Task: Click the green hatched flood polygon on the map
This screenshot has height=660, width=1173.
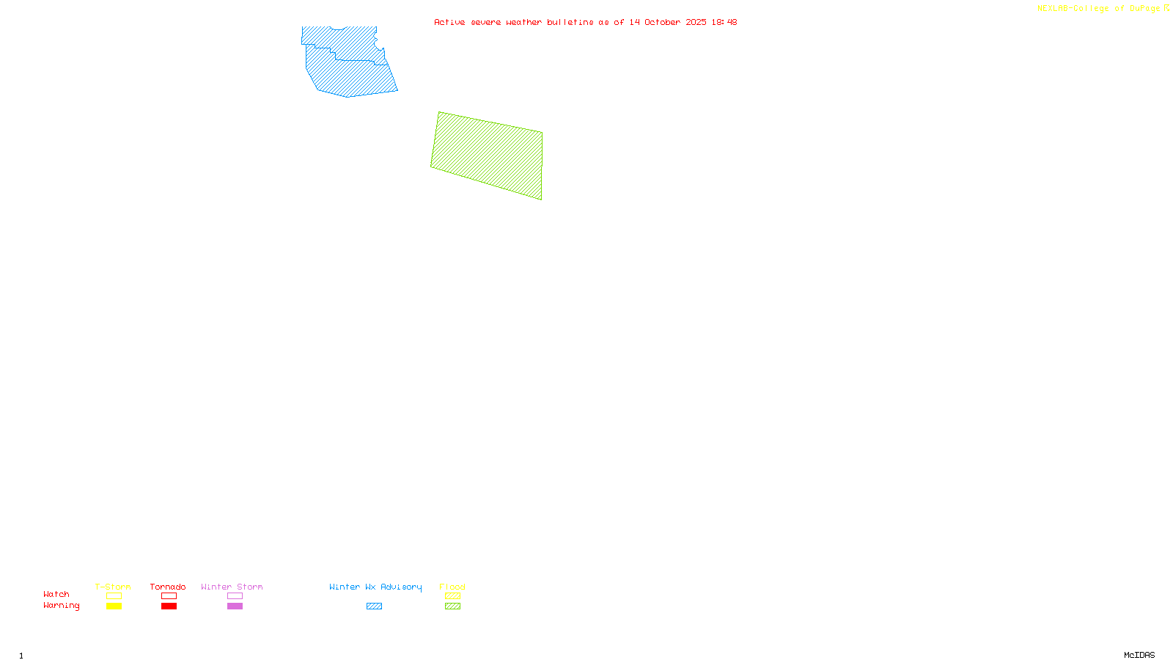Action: tap(488, 155)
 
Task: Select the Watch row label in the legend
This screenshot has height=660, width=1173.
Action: tap(56, 595)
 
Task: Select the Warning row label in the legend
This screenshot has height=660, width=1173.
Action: tap(62, 606)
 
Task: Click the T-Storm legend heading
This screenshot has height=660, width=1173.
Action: tap(113, 587)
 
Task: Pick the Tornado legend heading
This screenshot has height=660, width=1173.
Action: tap(168, 587)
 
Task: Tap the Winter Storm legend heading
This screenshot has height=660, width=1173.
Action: tap(232, 587)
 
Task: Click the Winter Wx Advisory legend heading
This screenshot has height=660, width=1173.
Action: tap(375, 587)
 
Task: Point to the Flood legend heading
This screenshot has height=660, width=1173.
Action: tap(452, 587)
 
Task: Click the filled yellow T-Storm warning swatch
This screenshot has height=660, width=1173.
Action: tap(114, 606)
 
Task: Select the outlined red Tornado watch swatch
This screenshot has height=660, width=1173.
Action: tap(169, 596)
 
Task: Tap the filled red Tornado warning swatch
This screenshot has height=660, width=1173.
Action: tap(169, 606)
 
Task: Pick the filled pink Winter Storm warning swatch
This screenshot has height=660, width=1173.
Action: tap(235, 606)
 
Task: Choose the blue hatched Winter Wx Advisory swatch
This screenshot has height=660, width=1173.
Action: tap(374, 606)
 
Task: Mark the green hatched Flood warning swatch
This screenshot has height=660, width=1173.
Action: tap(452, 606)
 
